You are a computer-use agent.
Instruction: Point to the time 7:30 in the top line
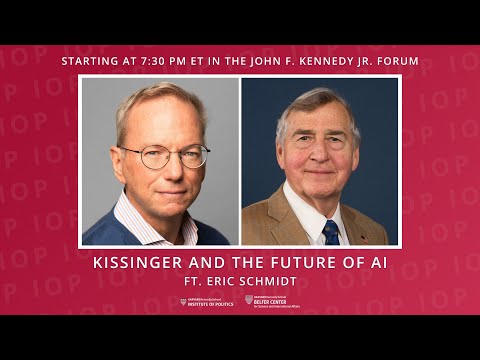[164, 61]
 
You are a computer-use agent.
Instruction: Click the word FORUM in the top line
[398, 61]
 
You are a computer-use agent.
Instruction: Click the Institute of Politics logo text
[211, 301]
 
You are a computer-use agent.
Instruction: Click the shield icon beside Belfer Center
[249, 300]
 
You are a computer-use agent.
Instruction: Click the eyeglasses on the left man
[164, 156]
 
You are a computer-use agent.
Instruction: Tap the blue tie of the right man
[331, 233]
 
